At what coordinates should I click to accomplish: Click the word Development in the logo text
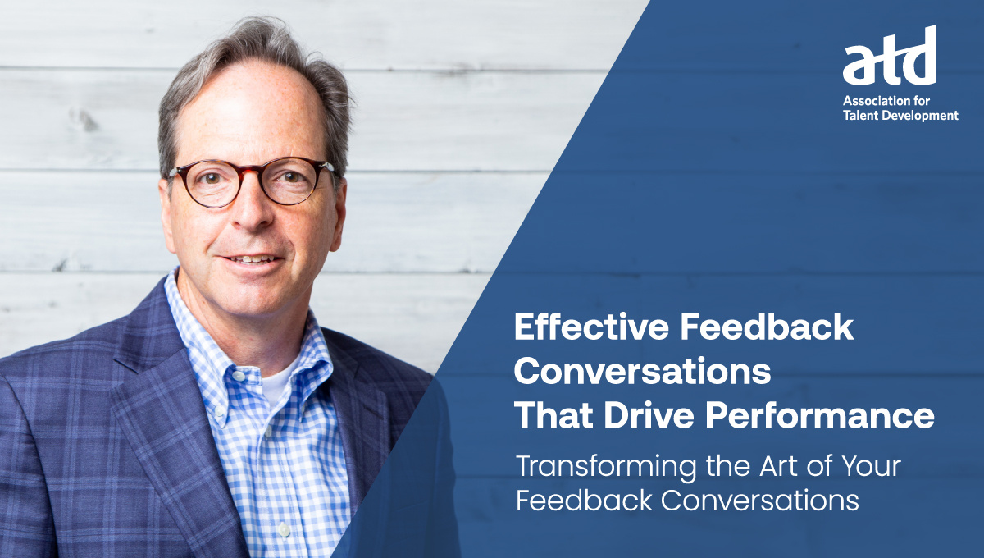point(926,116)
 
